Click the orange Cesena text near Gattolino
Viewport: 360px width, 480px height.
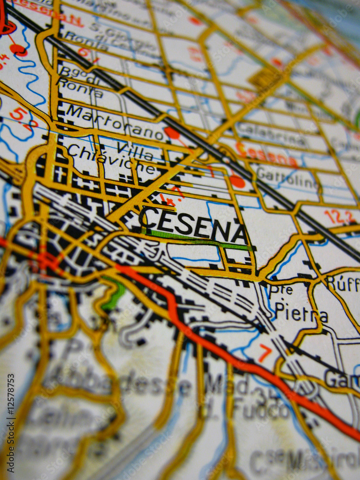click(x=266, y=156)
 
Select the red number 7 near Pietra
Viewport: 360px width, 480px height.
click(x=264, y=353)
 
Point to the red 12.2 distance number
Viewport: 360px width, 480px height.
click(x=340, y=217)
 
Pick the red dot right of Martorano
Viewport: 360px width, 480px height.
click(x=172, y=133)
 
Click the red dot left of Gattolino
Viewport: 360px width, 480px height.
click(x=237, y=181)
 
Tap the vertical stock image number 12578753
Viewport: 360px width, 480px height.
click(x=11, y=422)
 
